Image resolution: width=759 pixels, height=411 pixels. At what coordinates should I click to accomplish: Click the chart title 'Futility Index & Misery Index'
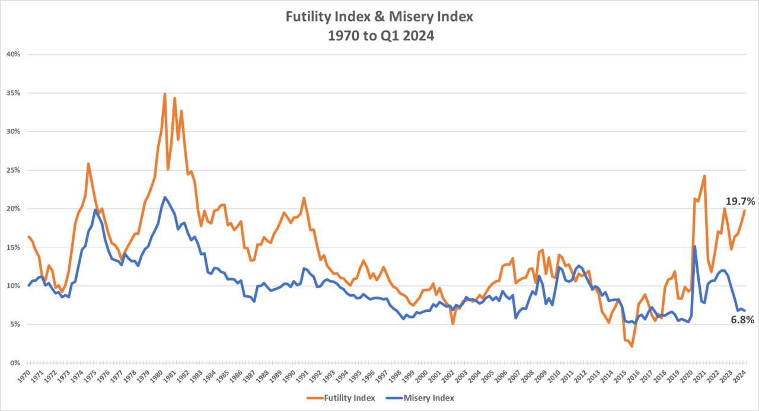[x=379, y=17]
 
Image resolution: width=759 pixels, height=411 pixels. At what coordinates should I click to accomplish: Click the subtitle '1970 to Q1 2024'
[x=379, y=36]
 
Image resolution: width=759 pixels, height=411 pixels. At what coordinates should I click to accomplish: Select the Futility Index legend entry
[x=341, y=398]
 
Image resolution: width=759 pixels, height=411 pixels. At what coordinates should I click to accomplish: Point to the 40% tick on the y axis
[x=12, y=54]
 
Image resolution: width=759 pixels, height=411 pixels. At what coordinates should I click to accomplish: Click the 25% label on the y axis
[x=12, y=170]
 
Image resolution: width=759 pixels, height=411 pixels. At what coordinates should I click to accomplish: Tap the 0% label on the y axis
[x=14, y=363]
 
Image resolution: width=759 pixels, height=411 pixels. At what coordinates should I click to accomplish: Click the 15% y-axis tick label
[x=12, y=247]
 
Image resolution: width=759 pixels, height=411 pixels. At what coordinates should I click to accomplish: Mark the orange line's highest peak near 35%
[x=165, y=94]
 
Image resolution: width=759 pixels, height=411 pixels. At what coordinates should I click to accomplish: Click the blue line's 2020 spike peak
[x=694, y=246]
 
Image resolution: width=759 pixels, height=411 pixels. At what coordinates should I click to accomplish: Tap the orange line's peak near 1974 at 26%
[x=88, y=164]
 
